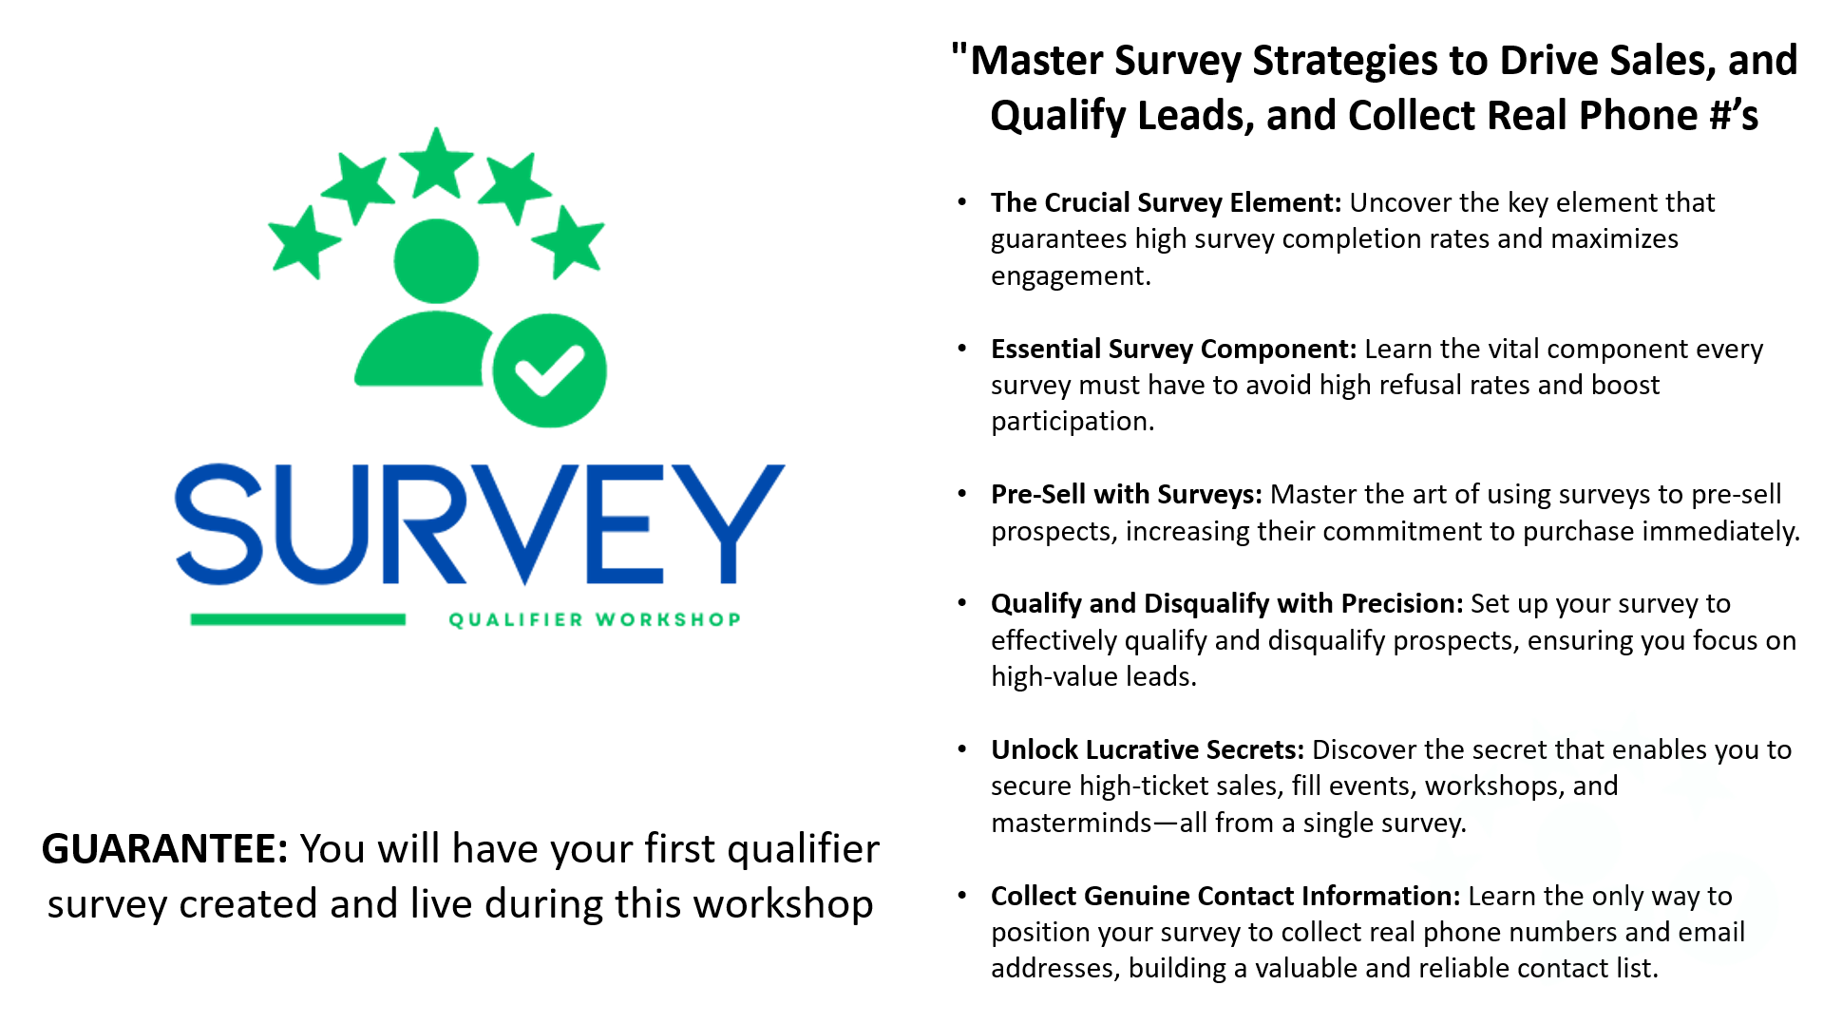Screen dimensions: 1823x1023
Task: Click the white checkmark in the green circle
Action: (x=549, y=370)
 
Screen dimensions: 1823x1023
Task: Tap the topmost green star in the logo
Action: (x=436, y=162)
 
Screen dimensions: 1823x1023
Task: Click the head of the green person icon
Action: (x=436, y=261)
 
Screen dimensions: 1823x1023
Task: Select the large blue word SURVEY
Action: (x=480, y=523)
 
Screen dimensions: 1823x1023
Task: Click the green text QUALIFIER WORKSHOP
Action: (x=595, y=619)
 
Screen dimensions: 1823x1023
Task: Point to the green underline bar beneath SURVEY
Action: (x=298, y=619)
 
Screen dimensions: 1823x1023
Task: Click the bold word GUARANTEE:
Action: (x=164, y=848)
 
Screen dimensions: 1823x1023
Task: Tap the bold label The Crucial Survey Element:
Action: (x=1166, y=202)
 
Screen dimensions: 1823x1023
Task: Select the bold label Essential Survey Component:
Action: (x=1173, y=349)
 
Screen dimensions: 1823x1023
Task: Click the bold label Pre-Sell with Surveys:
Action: (x=1127, y=494)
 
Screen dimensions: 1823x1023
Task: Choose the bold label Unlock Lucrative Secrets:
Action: (x=1148, y=749)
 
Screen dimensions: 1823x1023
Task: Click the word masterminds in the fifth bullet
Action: (x=1072, y=823)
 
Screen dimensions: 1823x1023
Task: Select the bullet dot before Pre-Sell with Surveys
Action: (x=962, y=494)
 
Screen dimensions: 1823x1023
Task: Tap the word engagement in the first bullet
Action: (x=1071, y=276)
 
